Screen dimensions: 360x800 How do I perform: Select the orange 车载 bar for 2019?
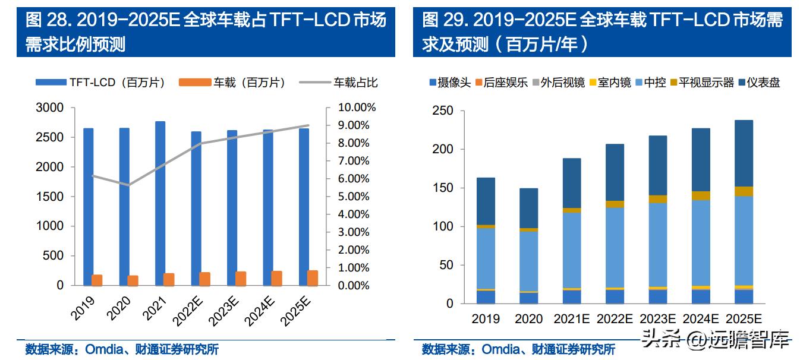click(x=97, y=280)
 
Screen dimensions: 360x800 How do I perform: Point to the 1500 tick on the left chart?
click(x=51, y=197)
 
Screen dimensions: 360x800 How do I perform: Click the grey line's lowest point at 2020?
click(x=129, y=185)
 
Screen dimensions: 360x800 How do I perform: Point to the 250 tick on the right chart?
click(x=443, y=111)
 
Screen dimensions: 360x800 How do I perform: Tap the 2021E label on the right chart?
click(x=572, y=319)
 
